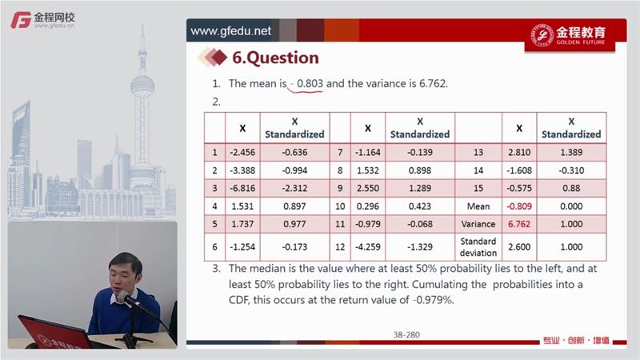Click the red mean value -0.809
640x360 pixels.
point(519,206)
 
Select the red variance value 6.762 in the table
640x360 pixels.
point(519,224)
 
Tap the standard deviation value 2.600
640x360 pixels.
point(519,247)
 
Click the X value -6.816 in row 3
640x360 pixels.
point(242,188)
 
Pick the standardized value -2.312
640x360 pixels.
point(294,188)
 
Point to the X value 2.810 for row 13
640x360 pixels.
point(519,152)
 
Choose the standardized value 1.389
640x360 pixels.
point(571,152)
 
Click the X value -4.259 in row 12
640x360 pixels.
point(368,247)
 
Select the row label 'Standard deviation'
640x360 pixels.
point(478,247)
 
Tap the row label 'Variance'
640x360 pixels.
point(478,224)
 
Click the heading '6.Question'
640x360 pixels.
point(275,58)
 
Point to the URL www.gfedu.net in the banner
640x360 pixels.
point(230,31)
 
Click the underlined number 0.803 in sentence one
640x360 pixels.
point(310,84)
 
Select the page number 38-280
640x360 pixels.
point(406,334)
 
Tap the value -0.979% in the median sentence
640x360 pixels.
point(433,300)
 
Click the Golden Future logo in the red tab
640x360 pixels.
point(570,35)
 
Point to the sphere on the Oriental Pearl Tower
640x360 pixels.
point(142,85)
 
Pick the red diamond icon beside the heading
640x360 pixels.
point(219,58)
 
